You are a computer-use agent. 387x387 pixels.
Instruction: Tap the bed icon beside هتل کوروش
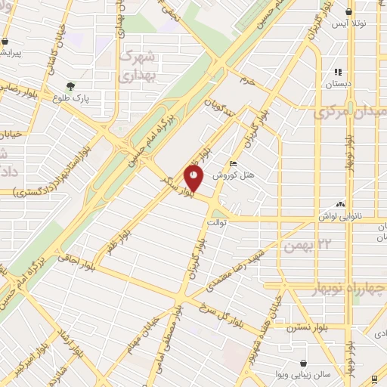[x=233, y=163]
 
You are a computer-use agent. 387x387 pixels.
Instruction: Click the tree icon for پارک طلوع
[x=70, y=86]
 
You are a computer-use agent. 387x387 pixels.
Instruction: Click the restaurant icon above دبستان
[x=338, y=73]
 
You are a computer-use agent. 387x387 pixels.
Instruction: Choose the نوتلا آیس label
[x=352, y=24]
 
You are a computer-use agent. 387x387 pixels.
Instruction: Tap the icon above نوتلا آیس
[x=348, y=12]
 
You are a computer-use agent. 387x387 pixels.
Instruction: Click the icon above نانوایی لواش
[x=340, y=204]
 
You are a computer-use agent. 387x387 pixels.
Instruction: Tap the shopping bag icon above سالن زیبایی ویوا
[x=303, y=361]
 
